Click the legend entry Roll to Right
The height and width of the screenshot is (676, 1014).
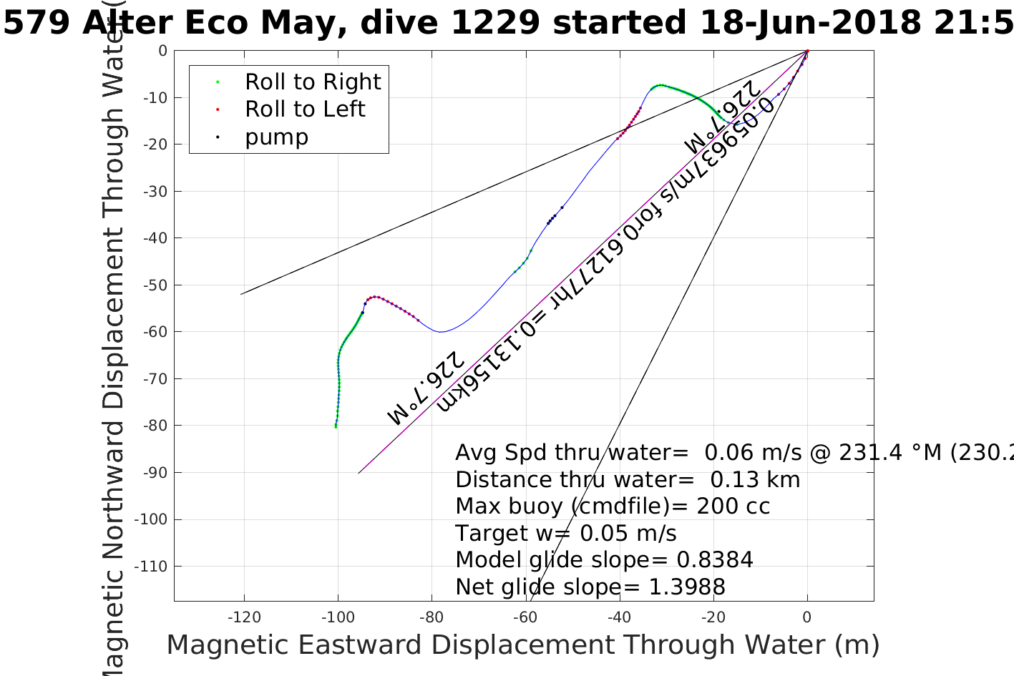[x=312, y=82]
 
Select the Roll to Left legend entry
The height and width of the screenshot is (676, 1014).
[x=305, y=109]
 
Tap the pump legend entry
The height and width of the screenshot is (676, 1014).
[x=276, y=137]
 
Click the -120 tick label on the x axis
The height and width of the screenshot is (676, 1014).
[x=244, y=617]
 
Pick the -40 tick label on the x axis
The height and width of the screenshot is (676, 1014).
[x=620, y=617]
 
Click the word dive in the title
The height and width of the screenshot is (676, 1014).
[x=396, y=23]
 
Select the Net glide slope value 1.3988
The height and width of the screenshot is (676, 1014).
[x=687, y=587]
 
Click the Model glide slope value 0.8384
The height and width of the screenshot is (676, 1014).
[x=715, y=560]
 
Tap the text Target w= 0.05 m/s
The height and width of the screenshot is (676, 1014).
[x=565, y=534]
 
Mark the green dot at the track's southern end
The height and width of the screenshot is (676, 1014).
[x=336, y=426]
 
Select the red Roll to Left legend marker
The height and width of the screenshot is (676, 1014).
[x=217, y=109]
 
